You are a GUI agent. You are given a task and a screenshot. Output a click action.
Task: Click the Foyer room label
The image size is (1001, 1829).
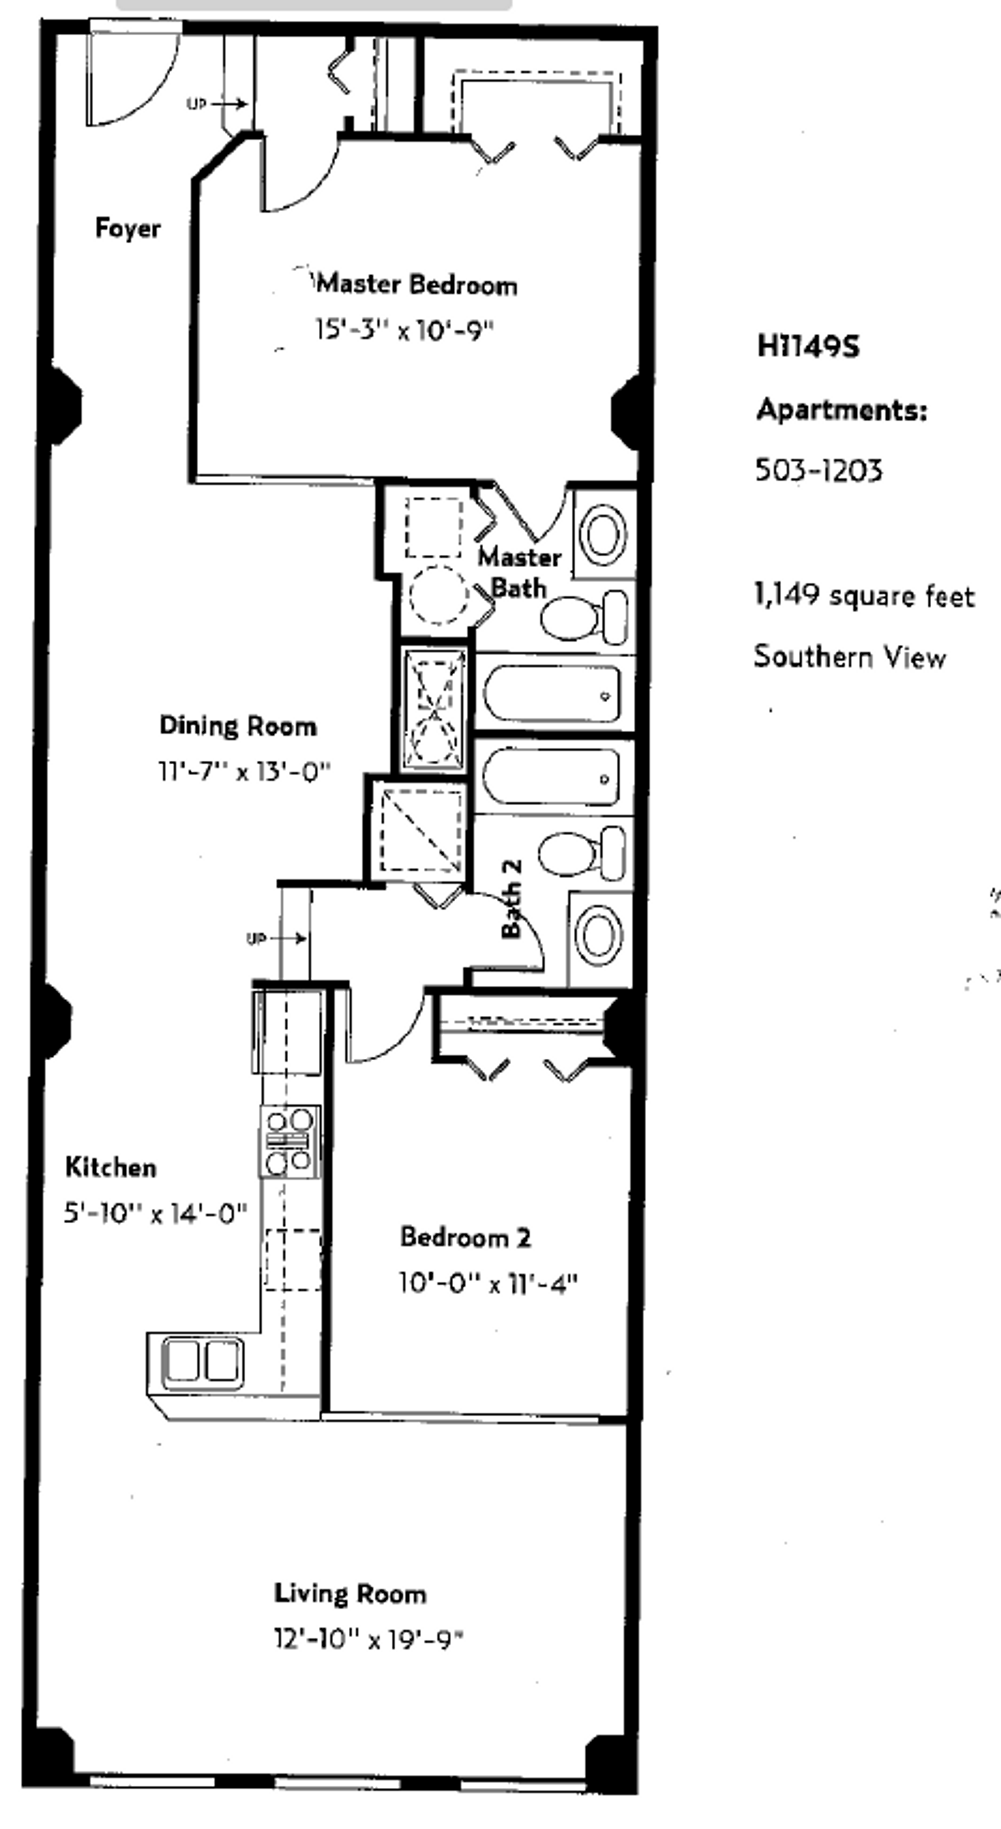(x=128, y=229)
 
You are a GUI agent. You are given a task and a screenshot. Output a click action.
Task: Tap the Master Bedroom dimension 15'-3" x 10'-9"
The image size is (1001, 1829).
(x=404, y=330)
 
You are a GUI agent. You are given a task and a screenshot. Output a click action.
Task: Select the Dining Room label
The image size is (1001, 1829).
(x=238, y=726)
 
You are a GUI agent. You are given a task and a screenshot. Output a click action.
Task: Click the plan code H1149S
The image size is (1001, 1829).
(x=808, y=346)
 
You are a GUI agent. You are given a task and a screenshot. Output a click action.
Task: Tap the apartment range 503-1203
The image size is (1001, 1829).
(x=818, y=470)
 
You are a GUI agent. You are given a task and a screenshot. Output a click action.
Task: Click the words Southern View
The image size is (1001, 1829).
(x=850, y=657)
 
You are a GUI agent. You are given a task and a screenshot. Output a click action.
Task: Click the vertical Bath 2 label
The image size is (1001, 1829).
(x=512, y=899)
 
